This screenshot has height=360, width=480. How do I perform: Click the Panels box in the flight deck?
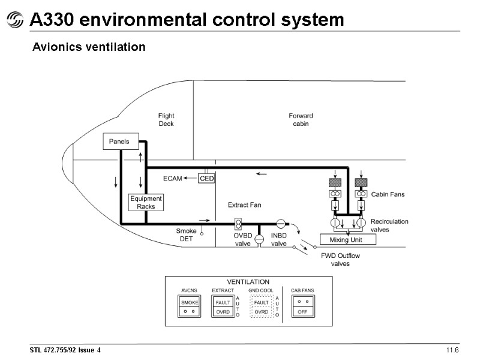[120, 142]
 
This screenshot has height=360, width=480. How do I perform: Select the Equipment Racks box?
[146, 202]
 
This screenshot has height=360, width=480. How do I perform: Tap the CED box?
[206, 178]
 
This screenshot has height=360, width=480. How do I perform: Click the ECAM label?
[172, 178]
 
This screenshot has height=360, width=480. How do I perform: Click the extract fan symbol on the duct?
[238, 224]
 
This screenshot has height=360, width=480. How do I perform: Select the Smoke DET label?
[186, 235]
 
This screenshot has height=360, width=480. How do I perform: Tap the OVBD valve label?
[242, 239]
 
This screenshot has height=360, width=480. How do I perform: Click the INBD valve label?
[279, 239]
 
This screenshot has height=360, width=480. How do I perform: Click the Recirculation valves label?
[389, 225]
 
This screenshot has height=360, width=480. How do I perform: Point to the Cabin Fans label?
[388, 194]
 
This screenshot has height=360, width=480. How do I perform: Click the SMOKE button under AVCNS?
[190, 303]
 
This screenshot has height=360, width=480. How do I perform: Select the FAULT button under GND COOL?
[261, 303]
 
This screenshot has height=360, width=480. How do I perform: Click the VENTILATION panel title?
[247, 281]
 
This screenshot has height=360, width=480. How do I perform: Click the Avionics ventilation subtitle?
[89, 47]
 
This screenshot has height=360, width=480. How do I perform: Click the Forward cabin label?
[301, 120]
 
